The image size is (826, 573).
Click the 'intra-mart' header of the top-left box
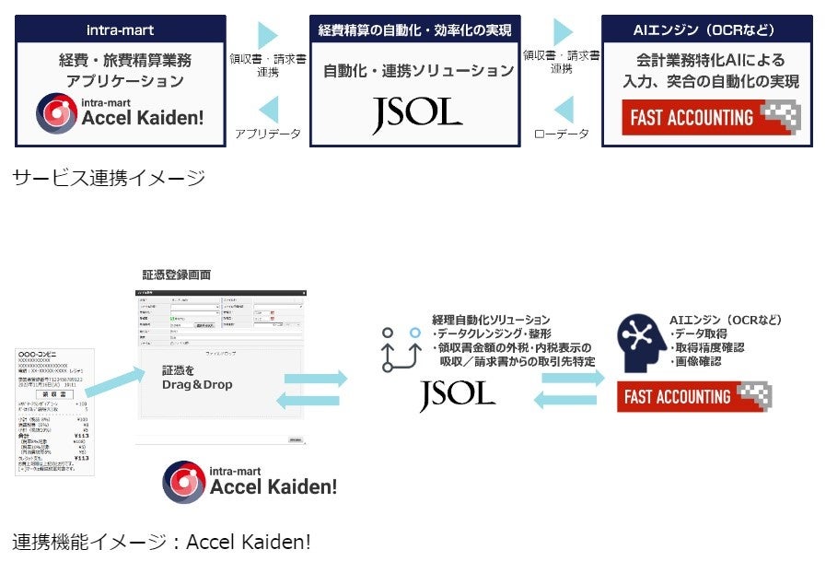tap(120, 29)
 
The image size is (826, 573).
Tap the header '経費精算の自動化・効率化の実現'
tap(415, 29)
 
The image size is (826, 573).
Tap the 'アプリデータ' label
tap(268, 134)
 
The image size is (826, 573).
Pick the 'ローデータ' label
tap(561, 134)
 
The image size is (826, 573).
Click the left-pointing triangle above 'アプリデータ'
tap(267, 108)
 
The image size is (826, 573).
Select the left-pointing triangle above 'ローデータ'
tap(561, 108)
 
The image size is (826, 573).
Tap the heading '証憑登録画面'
tap(176, 275)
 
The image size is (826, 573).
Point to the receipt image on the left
tap(54, 411)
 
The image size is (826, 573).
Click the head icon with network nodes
tap(642, 337)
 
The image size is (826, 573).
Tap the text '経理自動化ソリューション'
tap(491, 320)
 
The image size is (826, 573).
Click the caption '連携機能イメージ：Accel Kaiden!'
tap(162, 542)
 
